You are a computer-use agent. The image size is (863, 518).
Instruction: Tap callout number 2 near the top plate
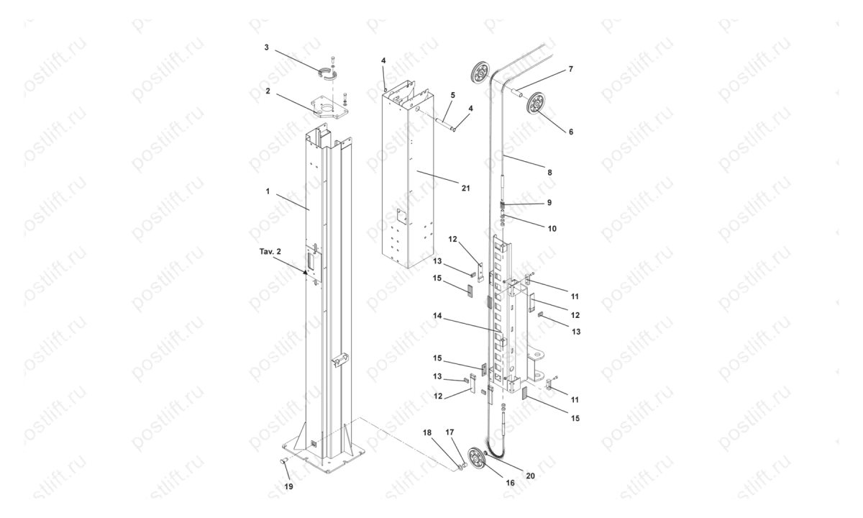pos(268,91)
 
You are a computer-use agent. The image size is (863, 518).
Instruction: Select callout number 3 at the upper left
pos(267,47)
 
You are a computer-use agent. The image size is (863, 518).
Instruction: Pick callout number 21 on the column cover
pos(465,188)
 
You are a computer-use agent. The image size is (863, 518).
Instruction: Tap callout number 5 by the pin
pos(453,94)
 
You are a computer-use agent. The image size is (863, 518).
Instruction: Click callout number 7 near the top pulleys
pos(570,69)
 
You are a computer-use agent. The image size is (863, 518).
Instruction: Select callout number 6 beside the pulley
pos(570,132)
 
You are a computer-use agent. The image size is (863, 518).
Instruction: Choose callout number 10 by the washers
pos(552,228)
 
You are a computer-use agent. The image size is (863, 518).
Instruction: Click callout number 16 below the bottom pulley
pos(510,483)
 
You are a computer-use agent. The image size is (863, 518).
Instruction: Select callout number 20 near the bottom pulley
pos(531,475)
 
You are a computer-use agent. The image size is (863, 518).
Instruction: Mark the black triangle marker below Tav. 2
pos(305,273)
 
